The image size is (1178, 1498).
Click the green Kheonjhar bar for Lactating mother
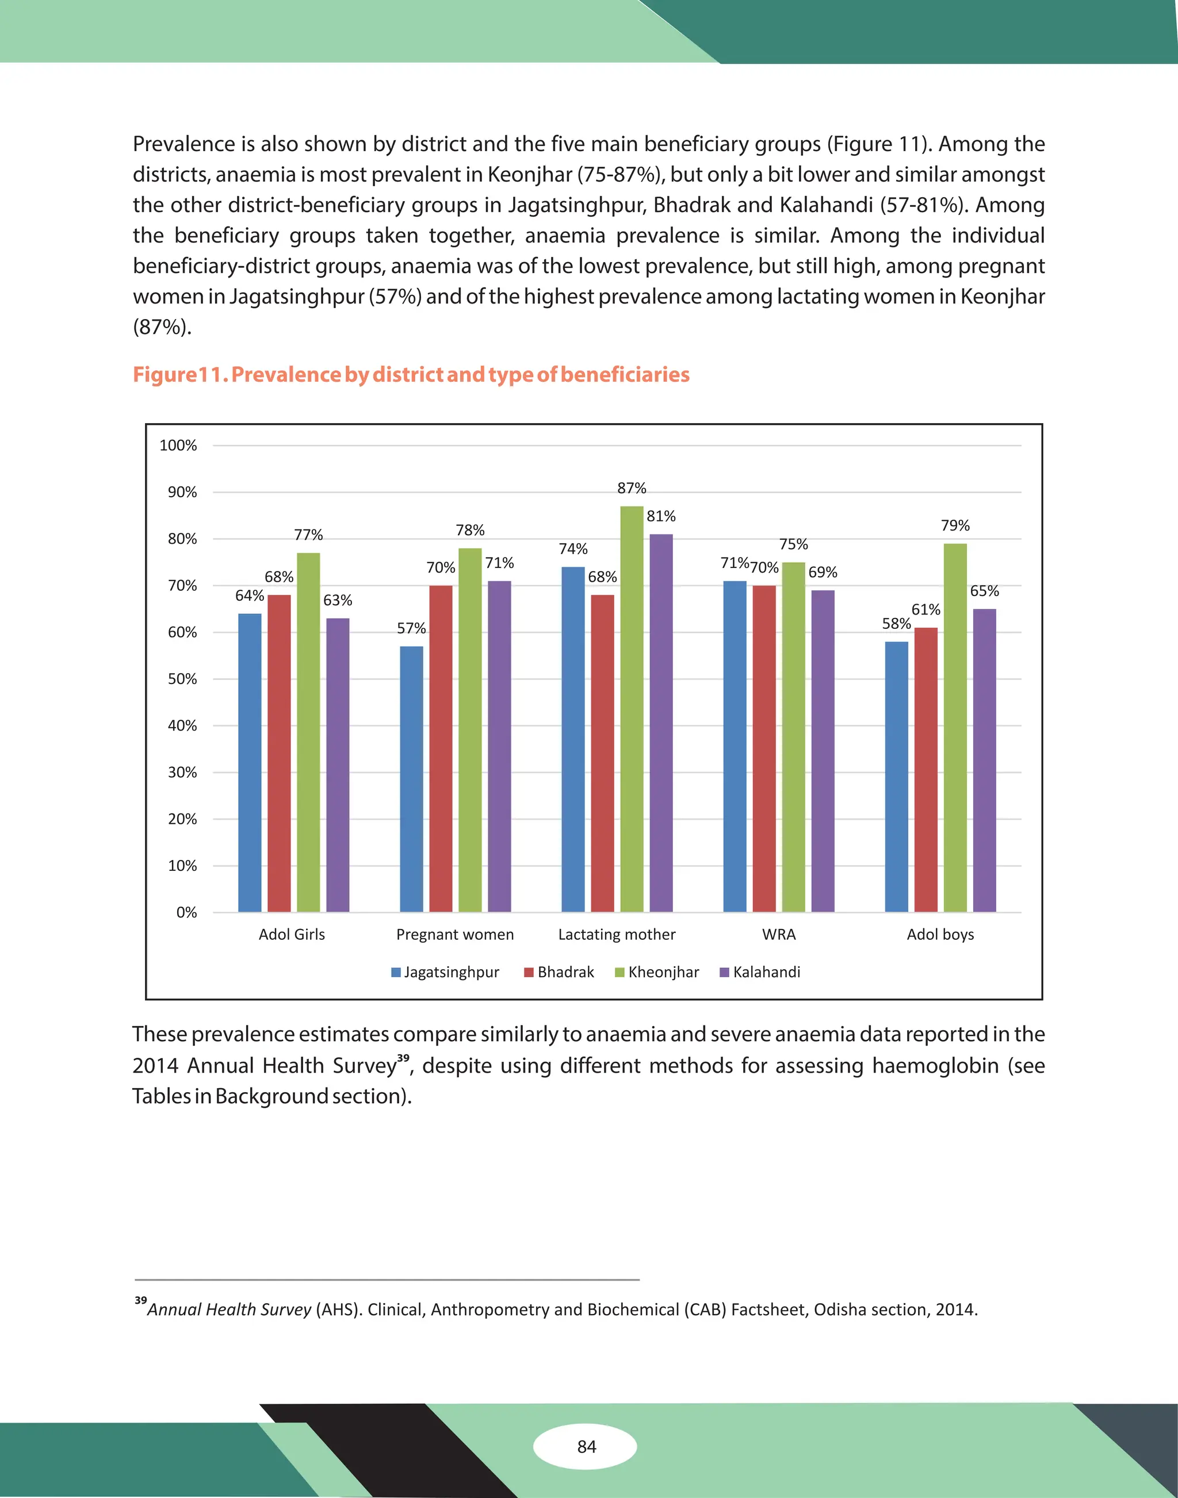coord(632,710)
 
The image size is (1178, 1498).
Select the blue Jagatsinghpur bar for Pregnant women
coord(412,779)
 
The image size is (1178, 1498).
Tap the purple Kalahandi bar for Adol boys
coord(984,758)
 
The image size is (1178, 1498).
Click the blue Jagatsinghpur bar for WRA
coord(735,744)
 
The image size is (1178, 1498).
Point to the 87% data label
coord(632,488)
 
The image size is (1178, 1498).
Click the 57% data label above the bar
coord(411,628)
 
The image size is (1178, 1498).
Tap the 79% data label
coord(955,525)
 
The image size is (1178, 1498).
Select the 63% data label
coord(337,600)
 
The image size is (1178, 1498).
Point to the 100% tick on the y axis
coord(178,445)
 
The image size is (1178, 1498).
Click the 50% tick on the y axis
coord(182,679)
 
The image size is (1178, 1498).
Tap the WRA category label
coord(779,935)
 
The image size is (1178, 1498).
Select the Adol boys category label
coord(940,935)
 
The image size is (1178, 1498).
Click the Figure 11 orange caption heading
coord(411,374)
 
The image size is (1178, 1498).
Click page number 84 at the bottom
coord(586,1446)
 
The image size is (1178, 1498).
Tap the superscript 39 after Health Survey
coord(403,1058)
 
